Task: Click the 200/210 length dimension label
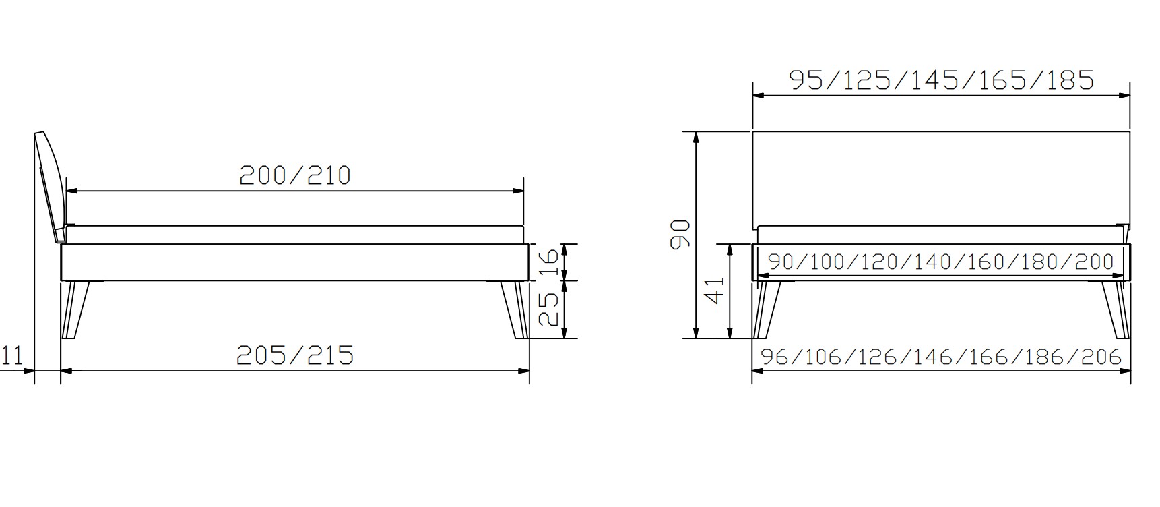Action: point(295,175)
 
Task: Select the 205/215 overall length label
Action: point(295,355)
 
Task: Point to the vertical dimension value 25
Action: point(550,309)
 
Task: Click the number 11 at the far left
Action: point(12,355)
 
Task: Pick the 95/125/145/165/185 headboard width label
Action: point(941,80)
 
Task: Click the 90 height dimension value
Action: point(680,233)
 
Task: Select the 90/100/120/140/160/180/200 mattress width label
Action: point(941,261)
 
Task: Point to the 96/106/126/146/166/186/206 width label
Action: point(941,356)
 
